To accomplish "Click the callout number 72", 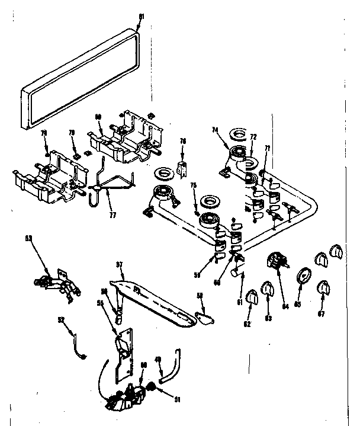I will pos(253,137).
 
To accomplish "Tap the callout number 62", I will pos(247,323).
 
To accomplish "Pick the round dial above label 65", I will pos(302,276).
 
